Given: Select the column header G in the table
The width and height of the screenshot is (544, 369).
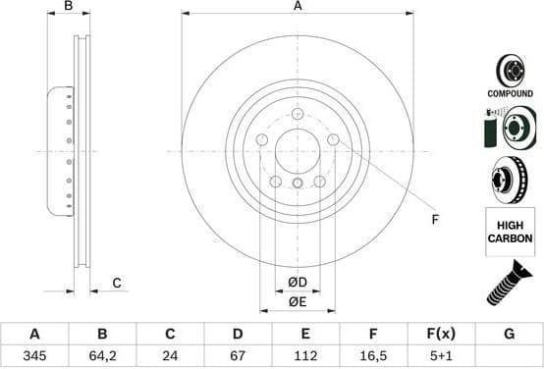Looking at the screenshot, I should tap(509, 334).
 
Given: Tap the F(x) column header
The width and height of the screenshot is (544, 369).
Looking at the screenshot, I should tap(441, 334).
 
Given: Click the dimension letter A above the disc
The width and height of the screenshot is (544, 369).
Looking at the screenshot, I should tap(298, 6).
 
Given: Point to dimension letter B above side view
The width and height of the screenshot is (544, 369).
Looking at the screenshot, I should tap(68, 7).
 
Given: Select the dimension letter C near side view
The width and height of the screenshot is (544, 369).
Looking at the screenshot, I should tap(116, 284).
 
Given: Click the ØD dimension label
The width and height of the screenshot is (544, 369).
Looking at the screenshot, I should tap(298, 284).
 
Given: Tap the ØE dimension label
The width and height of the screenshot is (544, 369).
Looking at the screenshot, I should tap(298, 302).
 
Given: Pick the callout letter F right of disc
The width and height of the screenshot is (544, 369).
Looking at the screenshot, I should tap(434, 220).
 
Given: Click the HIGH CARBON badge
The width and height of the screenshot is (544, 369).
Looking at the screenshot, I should tap(510, 232).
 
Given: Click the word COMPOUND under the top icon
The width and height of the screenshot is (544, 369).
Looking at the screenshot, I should tap(510, 92).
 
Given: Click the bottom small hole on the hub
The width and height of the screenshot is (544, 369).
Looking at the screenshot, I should tap(299, 184).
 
